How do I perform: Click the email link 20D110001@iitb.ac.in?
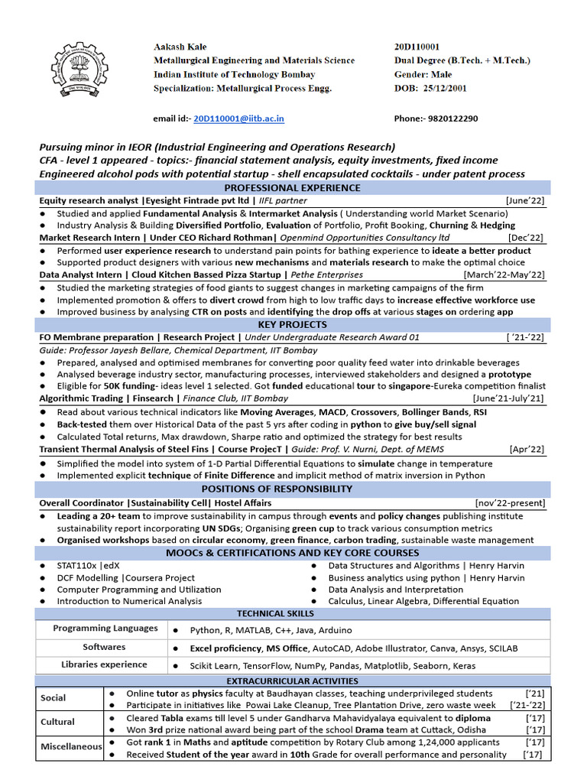point(238,119)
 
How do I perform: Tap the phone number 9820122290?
point(452,119)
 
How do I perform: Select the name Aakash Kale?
point(180,47)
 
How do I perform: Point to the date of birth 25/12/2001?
point(442,88)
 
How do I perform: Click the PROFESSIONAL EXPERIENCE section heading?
point(293,187)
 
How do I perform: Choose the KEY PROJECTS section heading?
point(293,325)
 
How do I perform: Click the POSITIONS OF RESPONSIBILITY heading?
point(293,489)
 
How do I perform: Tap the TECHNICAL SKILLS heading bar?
point(293,613)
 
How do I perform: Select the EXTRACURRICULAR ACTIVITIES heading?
point(293,681)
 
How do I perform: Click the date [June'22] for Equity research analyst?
point(526,200)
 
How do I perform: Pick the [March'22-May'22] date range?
point(504,275)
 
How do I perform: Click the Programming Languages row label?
point(105,629)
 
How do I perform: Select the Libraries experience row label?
point(104,665)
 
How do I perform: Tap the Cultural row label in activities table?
point(58,722)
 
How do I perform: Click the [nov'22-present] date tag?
point(510,503)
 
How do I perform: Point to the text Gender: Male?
point(423,74)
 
